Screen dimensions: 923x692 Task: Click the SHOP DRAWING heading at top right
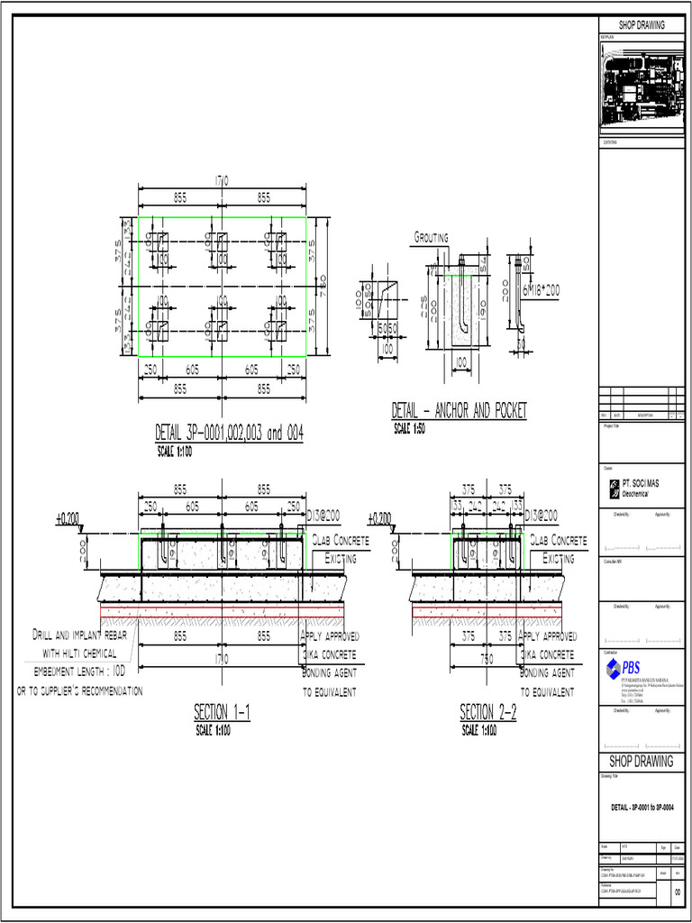coord(641,25)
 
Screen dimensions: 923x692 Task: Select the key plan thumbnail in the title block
coord(641,86)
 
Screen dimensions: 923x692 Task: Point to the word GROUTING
coord(431,238)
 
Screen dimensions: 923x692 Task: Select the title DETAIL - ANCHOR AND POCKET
coord(459,411)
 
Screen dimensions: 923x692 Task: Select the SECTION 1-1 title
coord(222,713)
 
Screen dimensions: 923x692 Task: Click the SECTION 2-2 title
coord(487,713)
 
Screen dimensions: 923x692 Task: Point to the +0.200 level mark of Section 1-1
coord(68,519)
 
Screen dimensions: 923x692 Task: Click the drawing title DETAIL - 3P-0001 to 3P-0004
coord(641,804)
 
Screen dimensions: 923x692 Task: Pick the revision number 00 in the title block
coord(678,893)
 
